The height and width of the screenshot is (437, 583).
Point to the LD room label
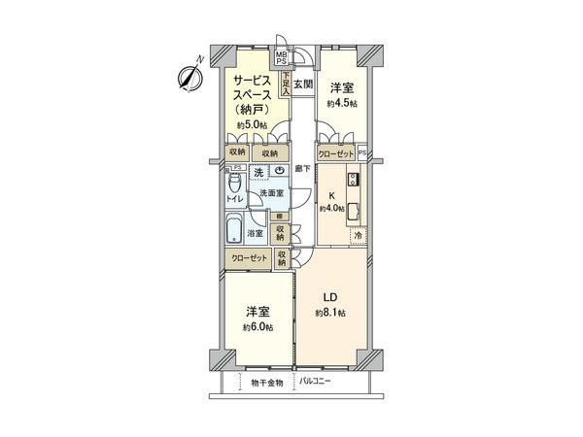point(331,296)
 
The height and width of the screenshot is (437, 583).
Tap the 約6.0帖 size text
point(257,327)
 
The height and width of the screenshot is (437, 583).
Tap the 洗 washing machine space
point(258,173)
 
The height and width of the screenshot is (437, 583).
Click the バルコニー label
point(316,381)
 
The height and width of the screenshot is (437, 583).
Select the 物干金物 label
point(265,381)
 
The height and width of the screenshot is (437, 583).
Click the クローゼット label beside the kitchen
point(336,153)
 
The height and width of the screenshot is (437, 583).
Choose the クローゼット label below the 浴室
point(249,257)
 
